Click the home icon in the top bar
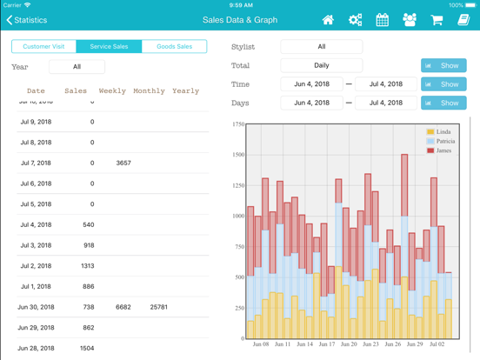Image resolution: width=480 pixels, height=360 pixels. click(328, 20)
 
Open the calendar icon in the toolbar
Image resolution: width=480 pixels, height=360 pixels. click(382, 20)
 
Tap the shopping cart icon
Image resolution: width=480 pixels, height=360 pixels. click(437, 20)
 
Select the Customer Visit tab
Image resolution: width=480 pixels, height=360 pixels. click(43, 46)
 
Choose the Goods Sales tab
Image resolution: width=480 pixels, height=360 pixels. click(174, 46)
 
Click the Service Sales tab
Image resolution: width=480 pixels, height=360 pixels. click(109, 46)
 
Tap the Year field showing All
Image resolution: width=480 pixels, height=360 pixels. click(77, 66)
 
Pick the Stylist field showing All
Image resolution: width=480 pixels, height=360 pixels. click(321, 46)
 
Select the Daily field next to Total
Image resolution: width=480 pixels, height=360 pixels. click(321, 65)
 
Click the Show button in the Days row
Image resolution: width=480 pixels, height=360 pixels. click(443, 103)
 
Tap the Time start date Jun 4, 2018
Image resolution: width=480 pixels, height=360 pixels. click(310, 84)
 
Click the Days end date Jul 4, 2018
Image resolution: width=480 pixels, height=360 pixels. click(386, 103)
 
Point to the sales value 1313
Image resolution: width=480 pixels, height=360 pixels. click(87, 266)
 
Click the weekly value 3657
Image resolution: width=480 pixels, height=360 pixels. click(123, 163)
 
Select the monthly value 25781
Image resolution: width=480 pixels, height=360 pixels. click(158, 307)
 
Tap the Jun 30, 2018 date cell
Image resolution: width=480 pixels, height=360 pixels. click(36, 307)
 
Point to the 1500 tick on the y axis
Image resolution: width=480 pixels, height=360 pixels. click(237, 155)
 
